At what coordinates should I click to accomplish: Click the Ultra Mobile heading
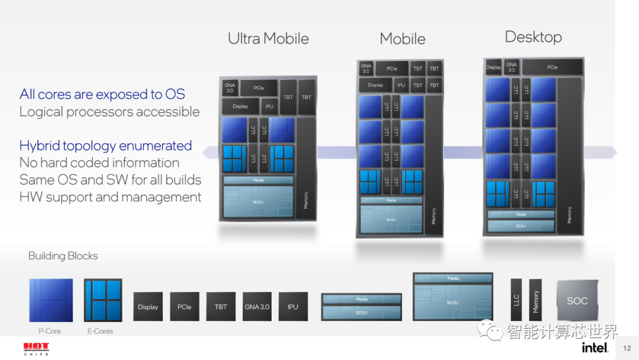268,39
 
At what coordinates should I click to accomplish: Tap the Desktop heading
533,37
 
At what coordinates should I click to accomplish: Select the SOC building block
577,300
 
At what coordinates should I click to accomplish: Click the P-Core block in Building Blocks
51,300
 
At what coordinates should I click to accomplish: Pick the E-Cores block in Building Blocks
103,300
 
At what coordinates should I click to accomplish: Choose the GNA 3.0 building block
257,307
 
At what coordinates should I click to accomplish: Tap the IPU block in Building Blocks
293,307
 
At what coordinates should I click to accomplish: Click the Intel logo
594,348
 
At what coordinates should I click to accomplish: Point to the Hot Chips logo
36,348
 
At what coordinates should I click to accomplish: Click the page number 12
627,348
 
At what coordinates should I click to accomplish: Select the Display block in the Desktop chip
493,67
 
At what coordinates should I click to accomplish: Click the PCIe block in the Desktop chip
552,67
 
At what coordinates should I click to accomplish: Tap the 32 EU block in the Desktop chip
521,226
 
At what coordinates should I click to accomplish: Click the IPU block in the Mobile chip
401,85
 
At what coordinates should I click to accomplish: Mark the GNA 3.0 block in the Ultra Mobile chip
230,88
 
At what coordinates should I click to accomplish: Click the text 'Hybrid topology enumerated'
105,146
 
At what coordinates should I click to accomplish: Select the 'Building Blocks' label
63,256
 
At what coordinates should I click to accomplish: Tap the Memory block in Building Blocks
535,301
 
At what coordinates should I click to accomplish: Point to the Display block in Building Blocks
148,307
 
